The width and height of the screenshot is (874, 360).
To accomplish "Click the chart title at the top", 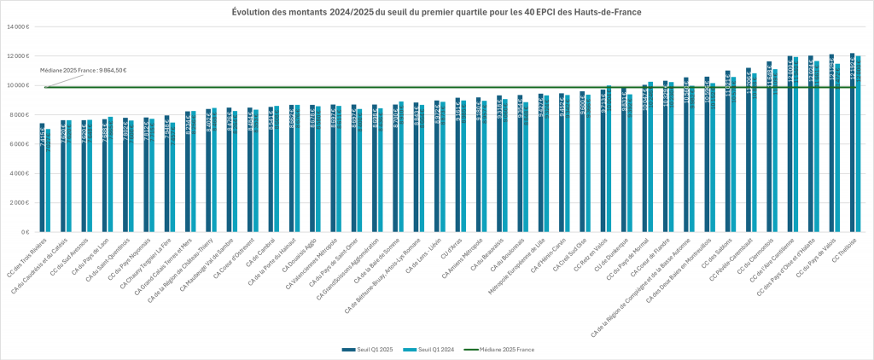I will (x=437, y=11).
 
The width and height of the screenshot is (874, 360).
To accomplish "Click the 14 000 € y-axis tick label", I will (x=18, y=27).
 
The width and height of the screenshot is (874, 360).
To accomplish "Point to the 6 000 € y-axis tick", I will (x=20, y=144).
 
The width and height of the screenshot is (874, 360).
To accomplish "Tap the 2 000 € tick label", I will (x=20, y=203).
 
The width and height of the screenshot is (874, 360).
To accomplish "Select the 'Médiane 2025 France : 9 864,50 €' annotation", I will (x=84, y=70).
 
